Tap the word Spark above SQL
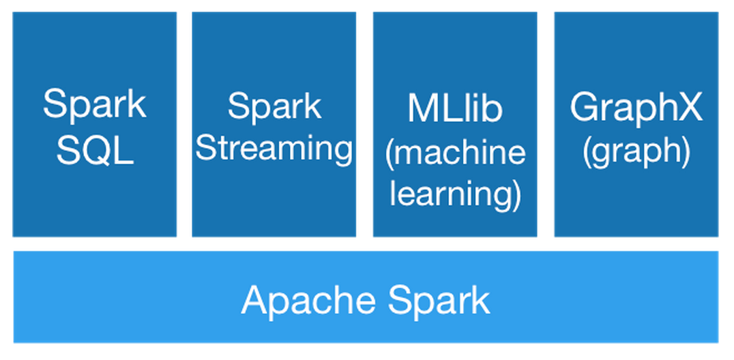(x=95, y=106)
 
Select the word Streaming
(x=274, y=149)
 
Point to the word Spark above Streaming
(x=274, y=106)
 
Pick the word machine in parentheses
(x=460, y=152)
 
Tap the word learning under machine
(x=450, y=194)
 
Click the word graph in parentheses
(x=636, y=153)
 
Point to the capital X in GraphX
(x=689, y=108)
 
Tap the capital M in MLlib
(x=422, y=108)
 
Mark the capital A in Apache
(x=254, y=299)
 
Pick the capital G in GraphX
(x=585, y=108)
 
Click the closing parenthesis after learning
(x=516, y=194)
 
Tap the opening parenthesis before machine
(x=390, y=153)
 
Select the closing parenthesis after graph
(x=686, y=153)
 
